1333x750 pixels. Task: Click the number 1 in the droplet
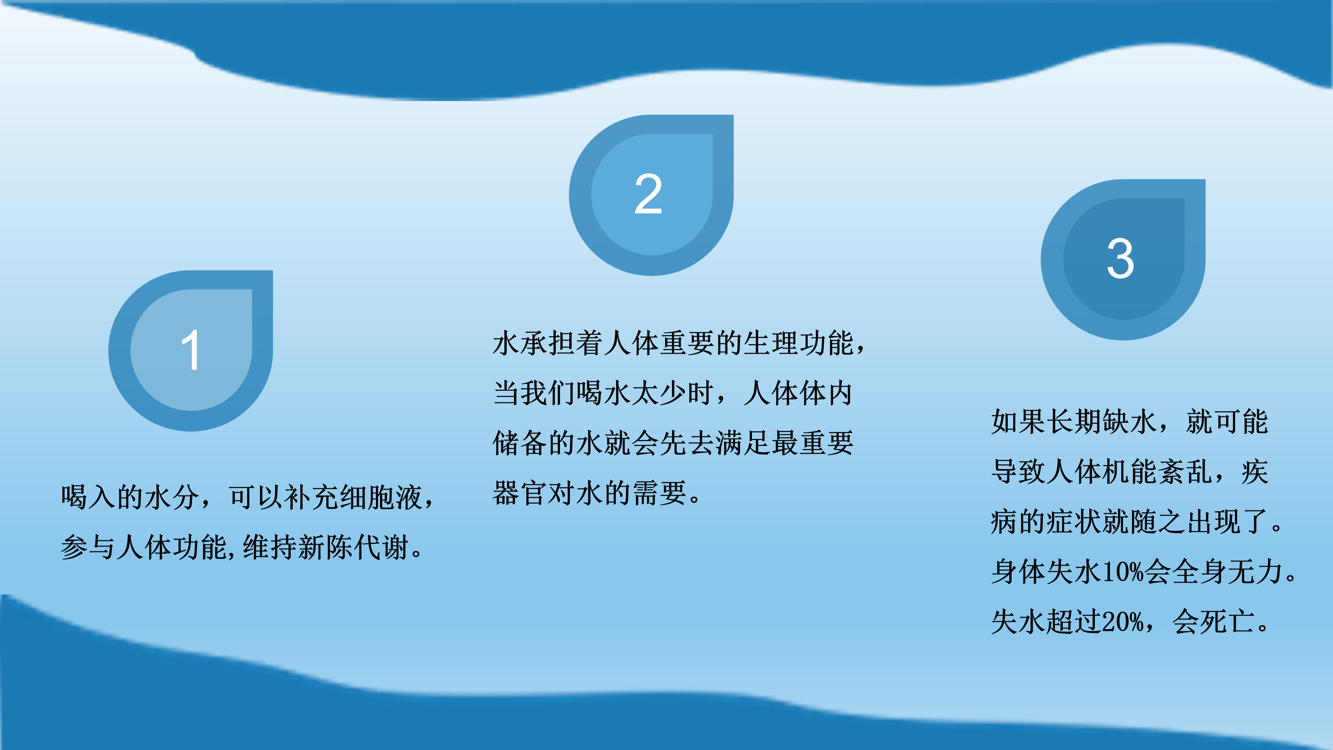(x=191, y=350)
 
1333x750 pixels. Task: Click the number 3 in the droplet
(x=1120, y=259)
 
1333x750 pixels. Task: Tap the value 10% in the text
(x=1122, y=572)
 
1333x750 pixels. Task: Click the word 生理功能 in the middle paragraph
(x=798, y=343)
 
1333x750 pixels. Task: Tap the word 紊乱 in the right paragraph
(x=1187, y=472)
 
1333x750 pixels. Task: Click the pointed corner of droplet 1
(x=272, y=271)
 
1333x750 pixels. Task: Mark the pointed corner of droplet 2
(x=733, y=115)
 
